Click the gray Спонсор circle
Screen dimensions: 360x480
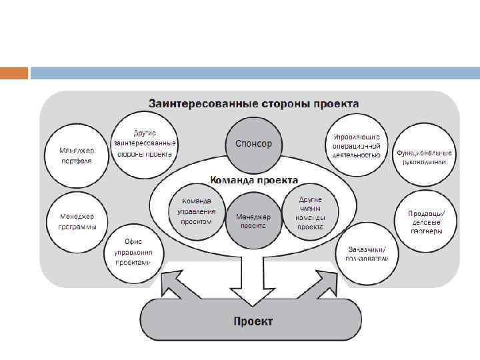click(x=253, y=144)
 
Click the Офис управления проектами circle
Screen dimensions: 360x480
click(x=133, y=252)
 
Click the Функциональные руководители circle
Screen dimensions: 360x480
click(x=425, y=156)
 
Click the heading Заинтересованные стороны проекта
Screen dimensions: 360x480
click(x=253, y=104)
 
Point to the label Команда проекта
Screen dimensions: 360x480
click(x=254, y=179)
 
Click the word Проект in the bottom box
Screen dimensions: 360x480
click(x=253, y=322)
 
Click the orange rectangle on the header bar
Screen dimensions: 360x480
click(x=14, y=73)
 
